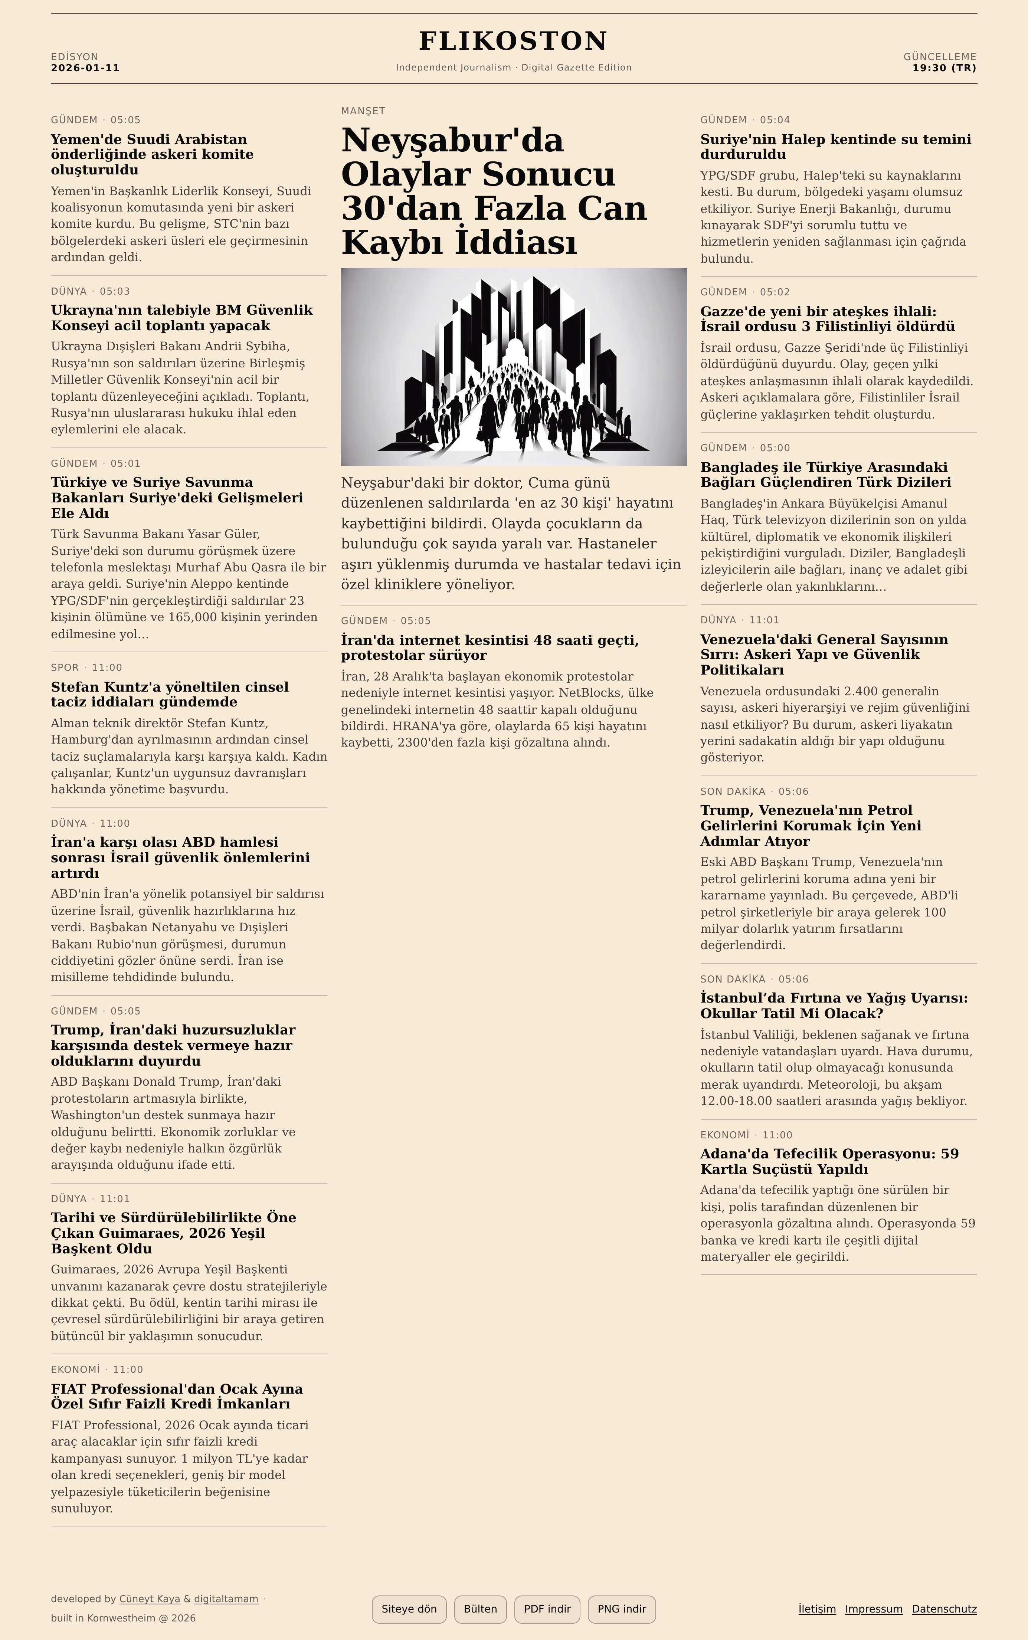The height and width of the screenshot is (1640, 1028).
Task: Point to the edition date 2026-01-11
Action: (85, 68)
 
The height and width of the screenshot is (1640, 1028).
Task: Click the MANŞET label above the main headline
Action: (363, 111)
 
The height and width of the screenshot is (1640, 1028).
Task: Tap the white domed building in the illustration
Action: (515, 350)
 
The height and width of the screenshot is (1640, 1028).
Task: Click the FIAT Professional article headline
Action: (177, 1396)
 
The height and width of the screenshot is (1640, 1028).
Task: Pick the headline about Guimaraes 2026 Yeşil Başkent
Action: (173, 1232)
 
